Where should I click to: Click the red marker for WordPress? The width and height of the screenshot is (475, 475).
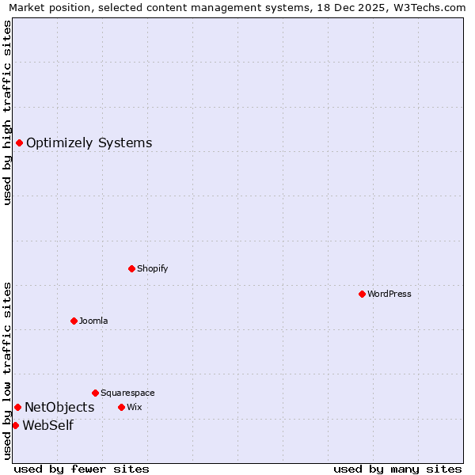[362, 294]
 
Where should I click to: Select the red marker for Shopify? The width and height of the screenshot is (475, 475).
[131, 268]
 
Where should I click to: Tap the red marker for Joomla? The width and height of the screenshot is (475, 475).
[74, 321]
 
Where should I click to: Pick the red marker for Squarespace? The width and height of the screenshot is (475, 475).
[95, 393]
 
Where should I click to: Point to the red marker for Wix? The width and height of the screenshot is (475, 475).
[121, 407]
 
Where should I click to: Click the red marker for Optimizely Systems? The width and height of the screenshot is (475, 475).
[19, 142]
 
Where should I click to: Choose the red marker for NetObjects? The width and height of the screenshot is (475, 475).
[17, 407]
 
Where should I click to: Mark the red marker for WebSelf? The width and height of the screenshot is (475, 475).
[15, 425]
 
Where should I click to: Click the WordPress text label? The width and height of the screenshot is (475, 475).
[389, 294]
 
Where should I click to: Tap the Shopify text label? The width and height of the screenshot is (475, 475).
[153, 268]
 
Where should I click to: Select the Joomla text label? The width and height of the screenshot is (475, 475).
[93, 321]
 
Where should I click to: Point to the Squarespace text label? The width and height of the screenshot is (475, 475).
[127, 393]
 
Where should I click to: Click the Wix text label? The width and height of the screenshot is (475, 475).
[134, 407]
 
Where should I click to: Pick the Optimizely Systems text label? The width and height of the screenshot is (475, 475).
[89, 142]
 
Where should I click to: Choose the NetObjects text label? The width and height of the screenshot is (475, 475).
[59, 407]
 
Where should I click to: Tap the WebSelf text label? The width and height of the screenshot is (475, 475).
[48, 425]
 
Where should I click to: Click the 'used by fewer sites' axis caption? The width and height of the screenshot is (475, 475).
[82, 469]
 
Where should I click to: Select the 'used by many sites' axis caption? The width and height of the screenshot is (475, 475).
[397, 469]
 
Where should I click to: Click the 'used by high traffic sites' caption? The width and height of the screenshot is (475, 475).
[8, 112]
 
